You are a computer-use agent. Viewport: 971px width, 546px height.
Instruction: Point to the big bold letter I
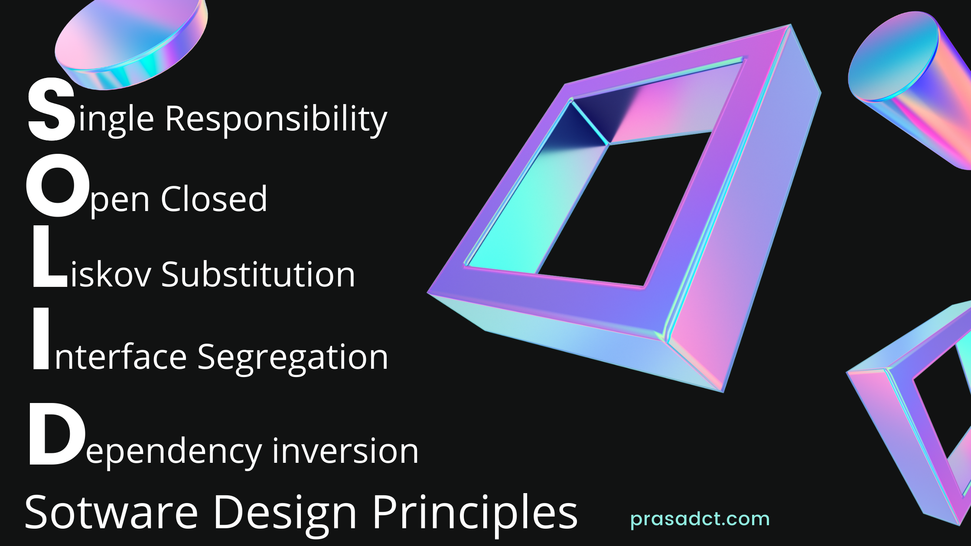[41, 339]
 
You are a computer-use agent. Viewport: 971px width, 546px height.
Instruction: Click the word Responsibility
[276, 119]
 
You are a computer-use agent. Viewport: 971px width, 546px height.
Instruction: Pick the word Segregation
[293, 358]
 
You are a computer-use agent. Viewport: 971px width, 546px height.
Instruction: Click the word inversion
[345, 451]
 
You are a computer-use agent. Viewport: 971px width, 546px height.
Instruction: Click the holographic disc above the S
[131, 45]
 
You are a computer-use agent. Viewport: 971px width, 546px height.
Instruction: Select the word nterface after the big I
[121, 357]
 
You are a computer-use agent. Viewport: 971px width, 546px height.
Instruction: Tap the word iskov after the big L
[111, 274]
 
